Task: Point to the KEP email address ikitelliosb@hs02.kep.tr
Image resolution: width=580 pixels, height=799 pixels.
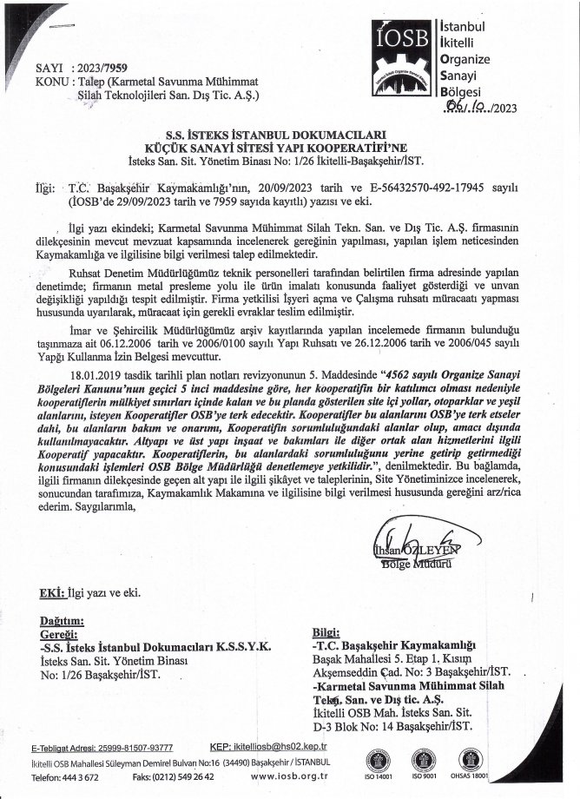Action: point(283,746)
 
